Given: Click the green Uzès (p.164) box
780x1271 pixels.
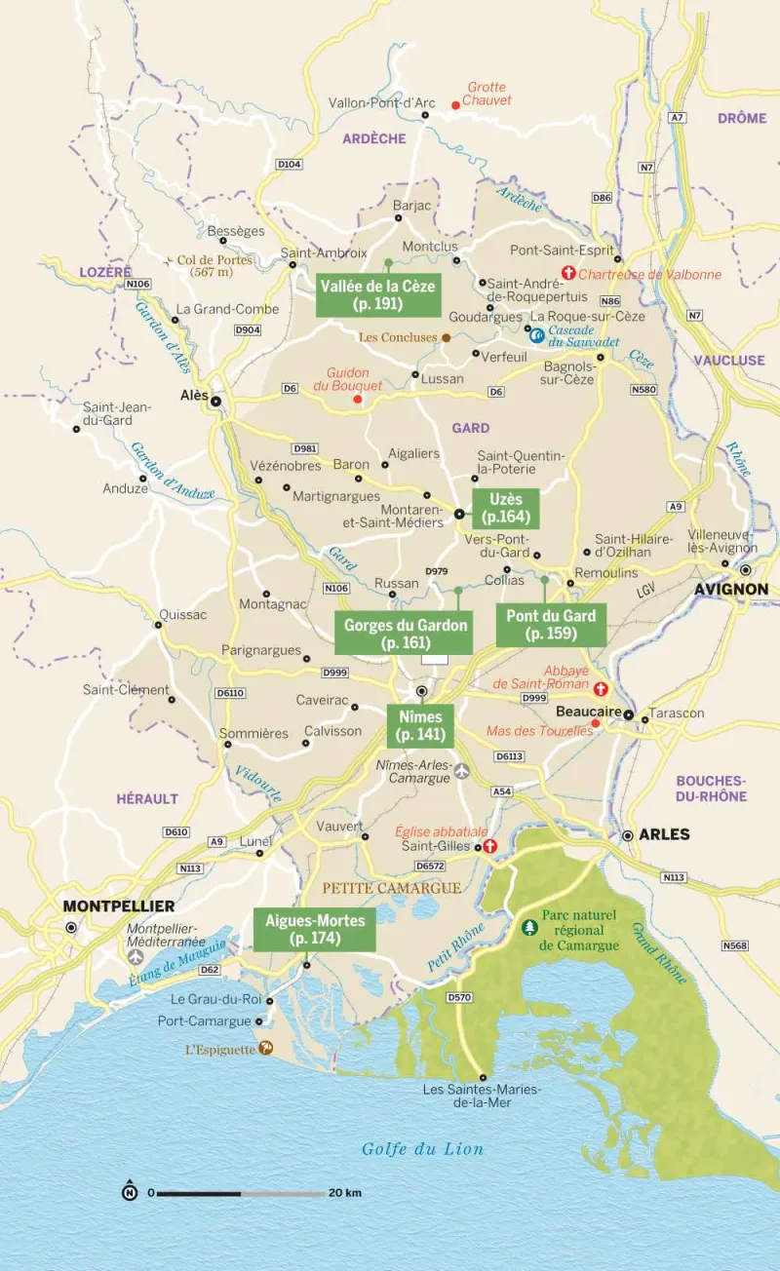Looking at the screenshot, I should [506, 508].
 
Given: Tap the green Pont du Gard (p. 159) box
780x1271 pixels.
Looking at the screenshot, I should [551, 624].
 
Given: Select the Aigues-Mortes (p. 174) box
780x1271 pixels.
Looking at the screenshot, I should [315, 930].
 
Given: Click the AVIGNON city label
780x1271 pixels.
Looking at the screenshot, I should [730, 590].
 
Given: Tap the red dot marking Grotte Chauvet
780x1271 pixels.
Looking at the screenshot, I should [454, 105].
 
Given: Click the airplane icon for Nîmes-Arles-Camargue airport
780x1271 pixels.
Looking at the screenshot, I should [461, 771].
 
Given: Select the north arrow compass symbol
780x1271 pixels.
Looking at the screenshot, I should [129, 1192].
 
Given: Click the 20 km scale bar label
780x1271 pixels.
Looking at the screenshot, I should [345, 1193].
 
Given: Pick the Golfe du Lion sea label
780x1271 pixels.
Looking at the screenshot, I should [422, 1149].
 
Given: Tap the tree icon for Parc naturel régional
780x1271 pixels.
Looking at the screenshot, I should [530, 927].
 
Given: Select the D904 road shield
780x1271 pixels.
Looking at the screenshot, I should [248, 330].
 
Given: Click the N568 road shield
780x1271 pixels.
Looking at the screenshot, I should [735, 946].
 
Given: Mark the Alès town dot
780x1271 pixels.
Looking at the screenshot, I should [216, 401].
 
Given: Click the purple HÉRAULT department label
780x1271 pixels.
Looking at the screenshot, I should [147, 798].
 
